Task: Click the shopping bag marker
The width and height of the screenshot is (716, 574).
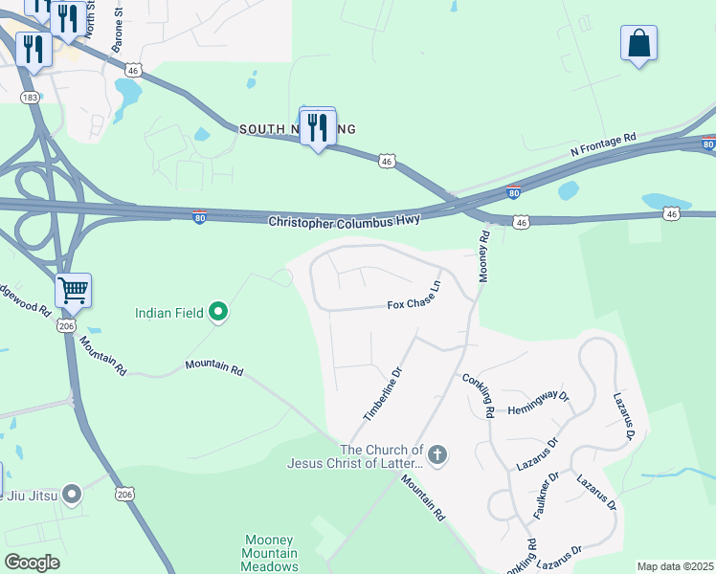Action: [638, 44]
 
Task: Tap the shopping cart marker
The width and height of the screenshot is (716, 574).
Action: [73, 290]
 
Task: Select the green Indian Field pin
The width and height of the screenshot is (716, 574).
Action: [218, 311]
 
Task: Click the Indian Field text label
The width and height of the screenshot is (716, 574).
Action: [171, 312]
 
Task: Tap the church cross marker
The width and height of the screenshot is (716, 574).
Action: [436, 454]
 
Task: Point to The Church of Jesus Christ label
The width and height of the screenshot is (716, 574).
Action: [354, 456]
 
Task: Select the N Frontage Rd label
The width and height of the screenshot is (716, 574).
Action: [603, 144]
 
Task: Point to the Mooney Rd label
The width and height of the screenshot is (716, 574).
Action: [484, 254]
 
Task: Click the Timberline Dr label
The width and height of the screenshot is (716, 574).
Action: [381, 393]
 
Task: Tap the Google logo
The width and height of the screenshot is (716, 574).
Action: [32, 562]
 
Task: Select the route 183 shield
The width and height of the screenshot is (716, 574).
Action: [31, 99]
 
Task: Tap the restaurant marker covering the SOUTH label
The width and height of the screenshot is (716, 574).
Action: [318, 126]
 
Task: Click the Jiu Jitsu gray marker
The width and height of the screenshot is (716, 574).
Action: [72, 495]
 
